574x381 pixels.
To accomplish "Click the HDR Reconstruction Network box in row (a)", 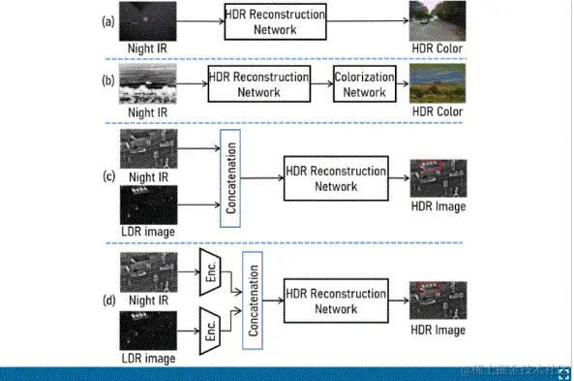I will point(272,21).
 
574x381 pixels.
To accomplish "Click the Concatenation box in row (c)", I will point(230,180).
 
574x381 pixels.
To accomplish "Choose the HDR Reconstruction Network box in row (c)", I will point(335,178).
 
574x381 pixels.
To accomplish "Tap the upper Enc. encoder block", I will point(209,269).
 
